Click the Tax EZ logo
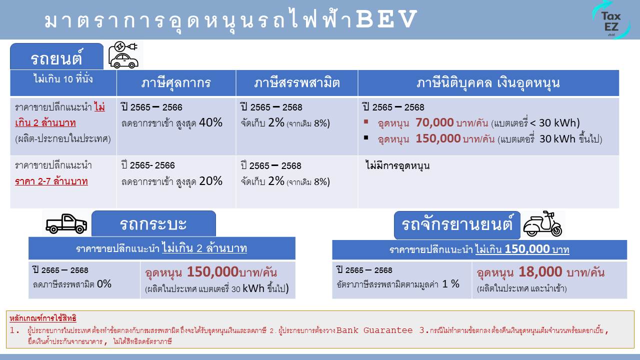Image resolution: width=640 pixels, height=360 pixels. pyautogui.click(x=611, y=20)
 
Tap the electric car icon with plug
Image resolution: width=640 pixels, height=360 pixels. pyautogui.click(x=123, y=55)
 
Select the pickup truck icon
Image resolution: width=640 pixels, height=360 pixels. pyautogui.click(x=66, y=223)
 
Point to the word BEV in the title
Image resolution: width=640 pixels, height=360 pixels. pyautogui.click(x=386, y=19)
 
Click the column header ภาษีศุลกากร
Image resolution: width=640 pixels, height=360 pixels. pyautogui.click(x=176, y=83)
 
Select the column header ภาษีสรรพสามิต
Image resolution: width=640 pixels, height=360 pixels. pyautogui.click(x=297, y=83)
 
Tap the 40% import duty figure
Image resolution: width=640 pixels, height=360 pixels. pyautogui.click(x=210, y=122)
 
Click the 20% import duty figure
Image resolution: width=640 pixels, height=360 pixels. pyautogui.click(x=210, y=181)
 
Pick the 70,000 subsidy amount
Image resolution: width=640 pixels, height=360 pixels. pyautogui.click(x=434, y=122)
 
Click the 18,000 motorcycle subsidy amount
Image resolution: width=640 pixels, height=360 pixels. pyautogui.click(x=540, y=271)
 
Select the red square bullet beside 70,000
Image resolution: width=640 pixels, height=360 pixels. pyautogui.click(x=366, y=121)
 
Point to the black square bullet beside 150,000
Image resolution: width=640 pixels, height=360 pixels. pyautogui.click(x=366, y=137)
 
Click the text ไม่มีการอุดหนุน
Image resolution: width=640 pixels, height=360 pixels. pyautogui.click(x=397, y=165)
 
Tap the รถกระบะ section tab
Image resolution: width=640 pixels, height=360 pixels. pyautogui.click(x=153, y=223)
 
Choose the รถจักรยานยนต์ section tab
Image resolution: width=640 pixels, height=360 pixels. pyautogui.click(x=457, y=225)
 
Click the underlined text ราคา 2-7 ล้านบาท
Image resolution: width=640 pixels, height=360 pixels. pyautogui.click(x=51, y=181)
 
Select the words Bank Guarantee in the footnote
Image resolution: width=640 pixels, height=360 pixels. pyautogui.click(x=374, y=330)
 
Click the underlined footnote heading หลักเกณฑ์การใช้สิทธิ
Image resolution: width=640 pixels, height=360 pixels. pyautogui.click(x=43, y=318)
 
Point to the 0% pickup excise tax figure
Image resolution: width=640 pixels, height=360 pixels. pyautogui.click(x=104, y=283)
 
